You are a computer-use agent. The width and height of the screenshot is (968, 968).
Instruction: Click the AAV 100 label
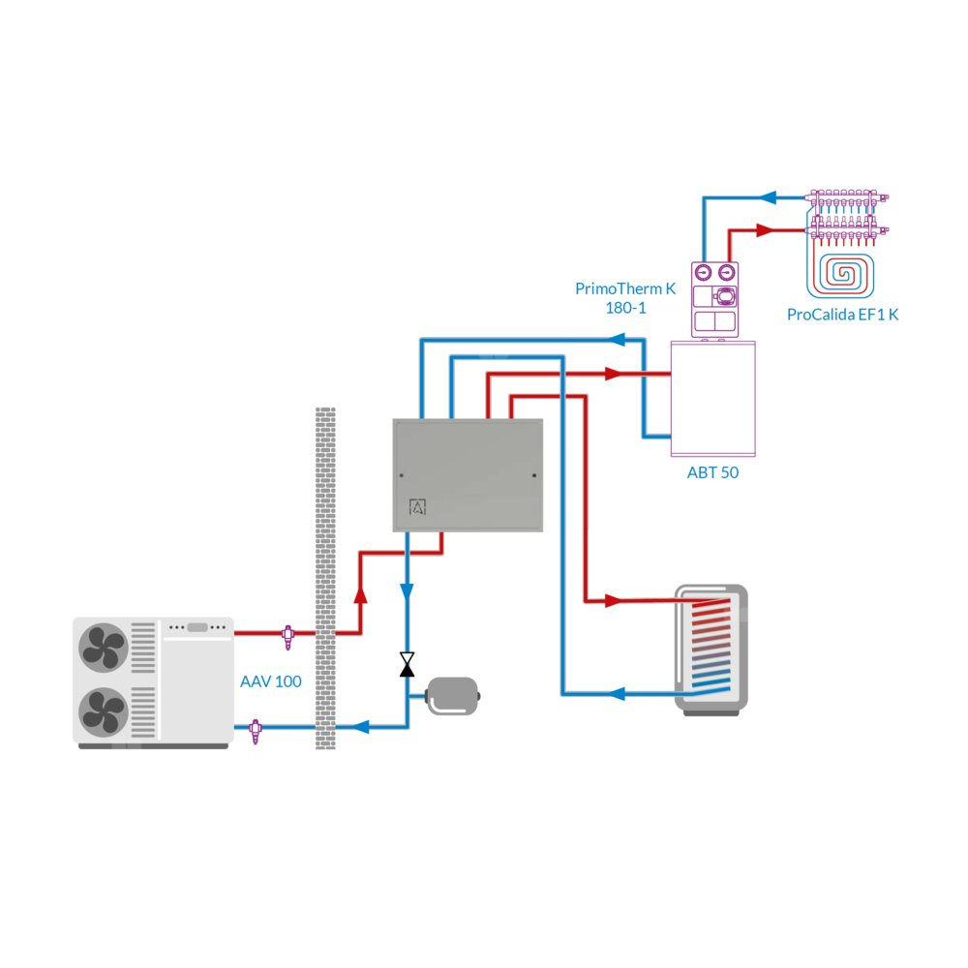(270, 681)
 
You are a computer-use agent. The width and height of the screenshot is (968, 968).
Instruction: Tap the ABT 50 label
(713, 473)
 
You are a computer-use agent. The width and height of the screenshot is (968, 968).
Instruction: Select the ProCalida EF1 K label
(842, 315)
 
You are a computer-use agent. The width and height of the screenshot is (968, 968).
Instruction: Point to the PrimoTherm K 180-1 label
(624, 298)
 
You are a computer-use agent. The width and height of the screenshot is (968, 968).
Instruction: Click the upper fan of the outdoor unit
(103, 647)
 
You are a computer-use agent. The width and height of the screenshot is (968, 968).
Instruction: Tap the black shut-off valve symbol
(408, 664)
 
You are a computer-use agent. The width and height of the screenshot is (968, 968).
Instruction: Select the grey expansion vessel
(452, 695)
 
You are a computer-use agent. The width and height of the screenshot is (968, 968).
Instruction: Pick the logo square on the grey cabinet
(418, 507)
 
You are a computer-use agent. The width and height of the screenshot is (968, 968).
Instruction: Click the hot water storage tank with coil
(711, 649)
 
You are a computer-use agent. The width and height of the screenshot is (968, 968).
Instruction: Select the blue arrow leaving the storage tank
(620, 693)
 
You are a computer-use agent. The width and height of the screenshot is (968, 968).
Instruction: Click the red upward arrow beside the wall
(361, 593)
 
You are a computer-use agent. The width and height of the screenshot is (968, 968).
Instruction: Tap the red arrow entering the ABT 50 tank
(613, 373)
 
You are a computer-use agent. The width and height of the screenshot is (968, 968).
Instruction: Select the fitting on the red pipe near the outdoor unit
(287, 634)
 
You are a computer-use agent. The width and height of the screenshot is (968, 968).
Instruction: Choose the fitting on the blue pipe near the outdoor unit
(256, 728)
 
